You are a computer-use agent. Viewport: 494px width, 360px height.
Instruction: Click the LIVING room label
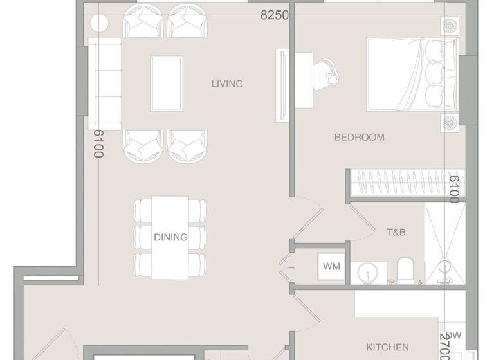(x=227, y=84)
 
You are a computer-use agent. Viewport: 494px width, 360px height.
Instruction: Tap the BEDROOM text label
(x=359, y=137)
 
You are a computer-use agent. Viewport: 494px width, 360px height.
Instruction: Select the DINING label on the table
(x=170, y=237)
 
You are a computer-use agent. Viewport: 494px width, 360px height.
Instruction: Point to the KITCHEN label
(x=387, y=346)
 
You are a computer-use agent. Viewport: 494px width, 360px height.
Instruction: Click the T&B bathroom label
(x=395, y=232)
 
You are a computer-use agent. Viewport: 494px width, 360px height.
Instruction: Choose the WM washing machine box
(x=331, y=266)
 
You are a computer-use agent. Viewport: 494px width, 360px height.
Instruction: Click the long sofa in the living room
(x=105, y=83)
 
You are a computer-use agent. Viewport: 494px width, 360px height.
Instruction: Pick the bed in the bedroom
(x=412, y=73)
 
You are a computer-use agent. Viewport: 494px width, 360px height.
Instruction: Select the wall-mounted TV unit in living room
(x=281, y=84)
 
